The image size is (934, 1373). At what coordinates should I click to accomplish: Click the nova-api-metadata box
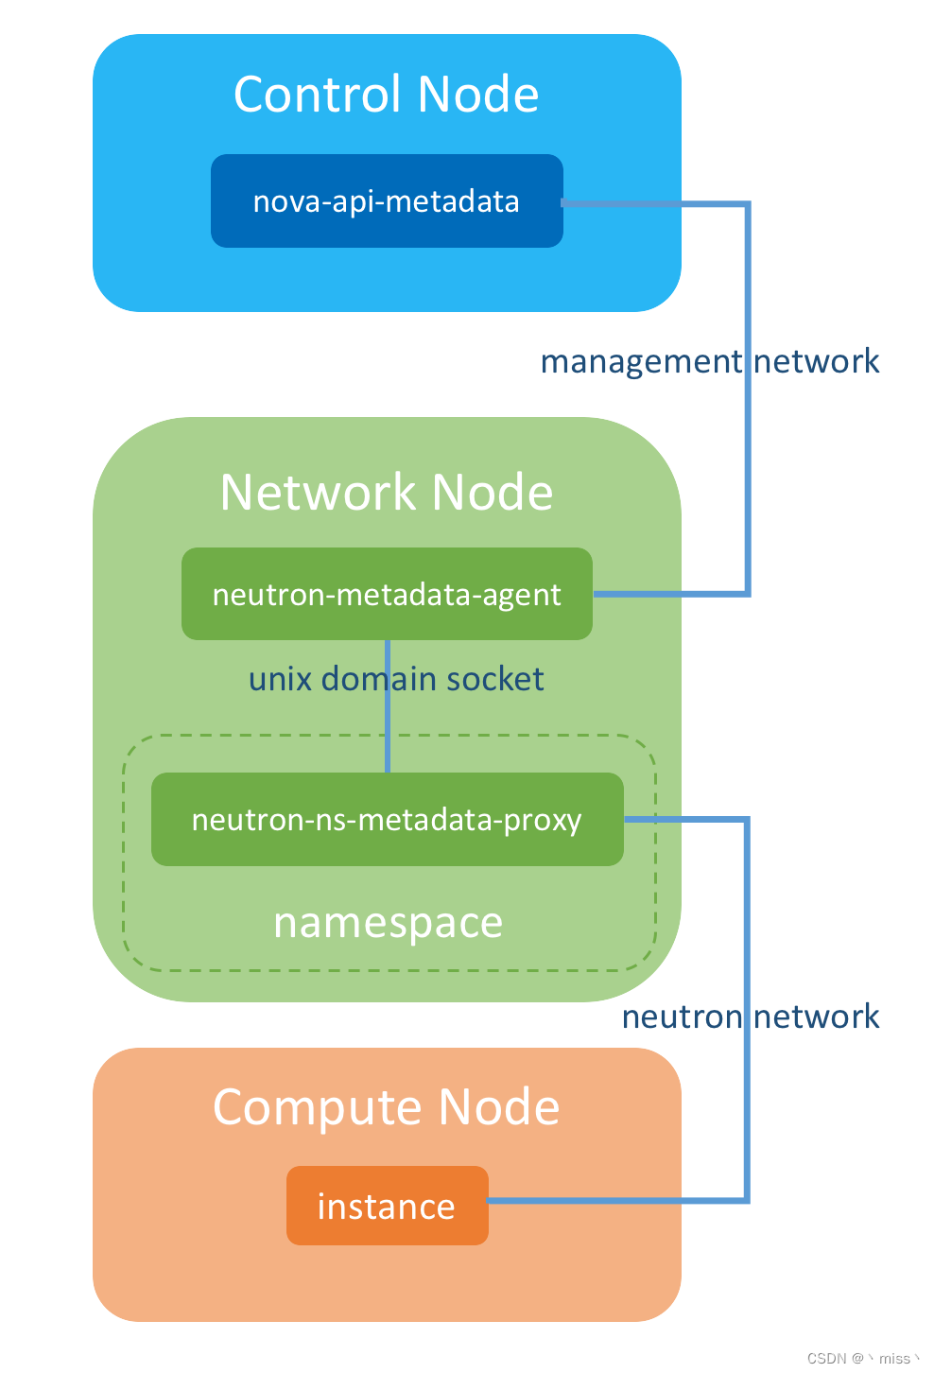pos(387,201)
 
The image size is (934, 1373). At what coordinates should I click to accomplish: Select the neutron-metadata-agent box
pos(387,593)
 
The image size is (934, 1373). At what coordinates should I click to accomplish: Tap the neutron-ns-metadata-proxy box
pos(388,819)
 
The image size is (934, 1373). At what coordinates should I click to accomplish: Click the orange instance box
pos(388,1205)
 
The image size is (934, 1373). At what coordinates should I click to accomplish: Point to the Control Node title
pos(386,94)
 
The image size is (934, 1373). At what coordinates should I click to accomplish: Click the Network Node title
pos(386,492)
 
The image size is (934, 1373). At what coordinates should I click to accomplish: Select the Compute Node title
pos(386,1108)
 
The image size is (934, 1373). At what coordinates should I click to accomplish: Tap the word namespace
pos(388,923)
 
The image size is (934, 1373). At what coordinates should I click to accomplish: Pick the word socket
pos(495,679)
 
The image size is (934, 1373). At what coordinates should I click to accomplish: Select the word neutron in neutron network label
pos(683,1017)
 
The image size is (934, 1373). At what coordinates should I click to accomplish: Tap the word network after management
pos(817,360)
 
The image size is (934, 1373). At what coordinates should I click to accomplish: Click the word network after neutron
pos(817,1017)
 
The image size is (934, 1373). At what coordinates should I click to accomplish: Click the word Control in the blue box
pos(318,94)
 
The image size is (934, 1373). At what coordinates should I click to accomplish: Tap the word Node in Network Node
pos(493,492)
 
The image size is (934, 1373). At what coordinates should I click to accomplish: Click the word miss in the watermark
pos(894,1359)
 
